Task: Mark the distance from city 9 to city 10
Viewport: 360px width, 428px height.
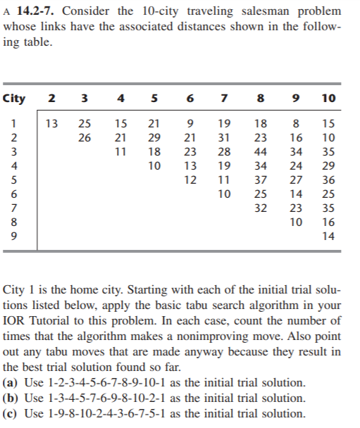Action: point(328,237)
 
